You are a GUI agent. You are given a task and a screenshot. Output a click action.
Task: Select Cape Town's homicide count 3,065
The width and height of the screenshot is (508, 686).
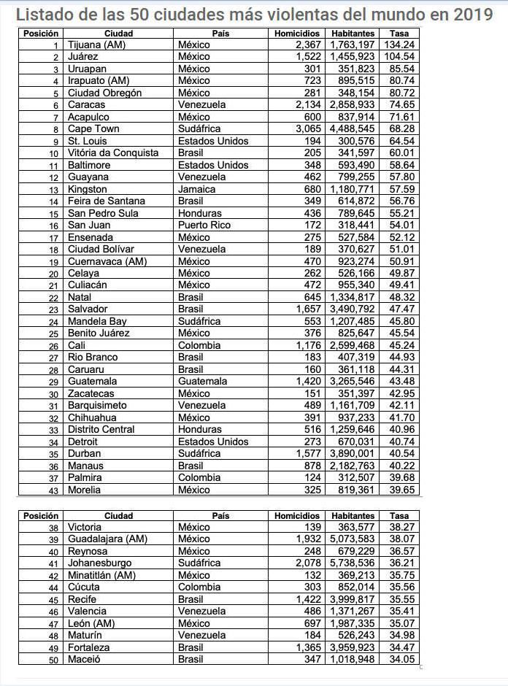(x=307, y=129)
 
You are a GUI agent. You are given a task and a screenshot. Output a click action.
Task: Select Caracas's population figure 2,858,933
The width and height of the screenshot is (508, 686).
(x=353, y=105)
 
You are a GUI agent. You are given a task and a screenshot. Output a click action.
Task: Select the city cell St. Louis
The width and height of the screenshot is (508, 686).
(x=88, y=141)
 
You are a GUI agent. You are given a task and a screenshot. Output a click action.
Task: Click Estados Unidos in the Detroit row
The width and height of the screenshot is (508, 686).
(x=213, y=442)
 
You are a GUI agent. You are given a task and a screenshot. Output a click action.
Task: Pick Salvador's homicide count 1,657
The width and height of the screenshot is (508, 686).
(x=307, y=309)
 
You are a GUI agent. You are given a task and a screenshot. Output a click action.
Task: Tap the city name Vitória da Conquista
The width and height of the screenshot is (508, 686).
(x=113, y=153)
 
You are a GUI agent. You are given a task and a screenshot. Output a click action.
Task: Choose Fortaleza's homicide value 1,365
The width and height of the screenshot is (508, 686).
(x=307, y=647)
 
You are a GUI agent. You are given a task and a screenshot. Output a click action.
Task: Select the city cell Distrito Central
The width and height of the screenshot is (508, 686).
(x=101, y=430)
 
